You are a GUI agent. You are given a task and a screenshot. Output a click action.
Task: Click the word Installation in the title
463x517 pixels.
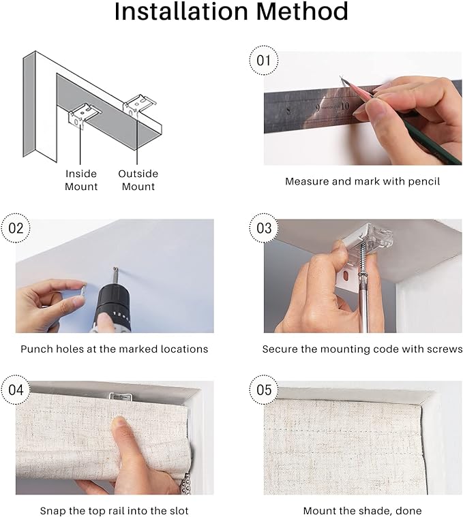pos(181,11)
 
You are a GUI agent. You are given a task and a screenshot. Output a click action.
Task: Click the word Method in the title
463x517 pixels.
pos(302,11)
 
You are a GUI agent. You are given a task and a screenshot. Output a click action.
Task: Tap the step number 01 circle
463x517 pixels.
pos(263,61)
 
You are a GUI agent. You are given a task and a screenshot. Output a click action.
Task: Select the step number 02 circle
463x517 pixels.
pos(16,228)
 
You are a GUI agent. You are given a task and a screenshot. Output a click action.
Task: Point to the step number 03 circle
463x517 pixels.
pos(264,228)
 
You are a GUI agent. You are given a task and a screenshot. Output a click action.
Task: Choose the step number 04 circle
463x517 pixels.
pos(16,390)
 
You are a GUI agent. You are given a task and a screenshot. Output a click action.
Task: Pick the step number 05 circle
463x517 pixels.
pos(264,390)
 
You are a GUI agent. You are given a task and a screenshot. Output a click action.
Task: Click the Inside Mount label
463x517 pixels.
pos(81,180)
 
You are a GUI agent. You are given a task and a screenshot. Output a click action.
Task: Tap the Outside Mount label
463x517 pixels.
pos(138,180)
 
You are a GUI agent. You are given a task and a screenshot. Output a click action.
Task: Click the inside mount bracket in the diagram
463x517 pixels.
pos(83,115)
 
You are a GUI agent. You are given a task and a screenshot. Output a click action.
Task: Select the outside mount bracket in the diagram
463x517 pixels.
pos(138,105)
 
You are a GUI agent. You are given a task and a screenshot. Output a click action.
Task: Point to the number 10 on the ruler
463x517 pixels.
pos(344,106)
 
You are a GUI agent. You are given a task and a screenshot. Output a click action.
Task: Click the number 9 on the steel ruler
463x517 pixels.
pos(318,108)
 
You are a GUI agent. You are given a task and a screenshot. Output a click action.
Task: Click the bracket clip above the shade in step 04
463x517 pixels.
pos(121,396)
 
